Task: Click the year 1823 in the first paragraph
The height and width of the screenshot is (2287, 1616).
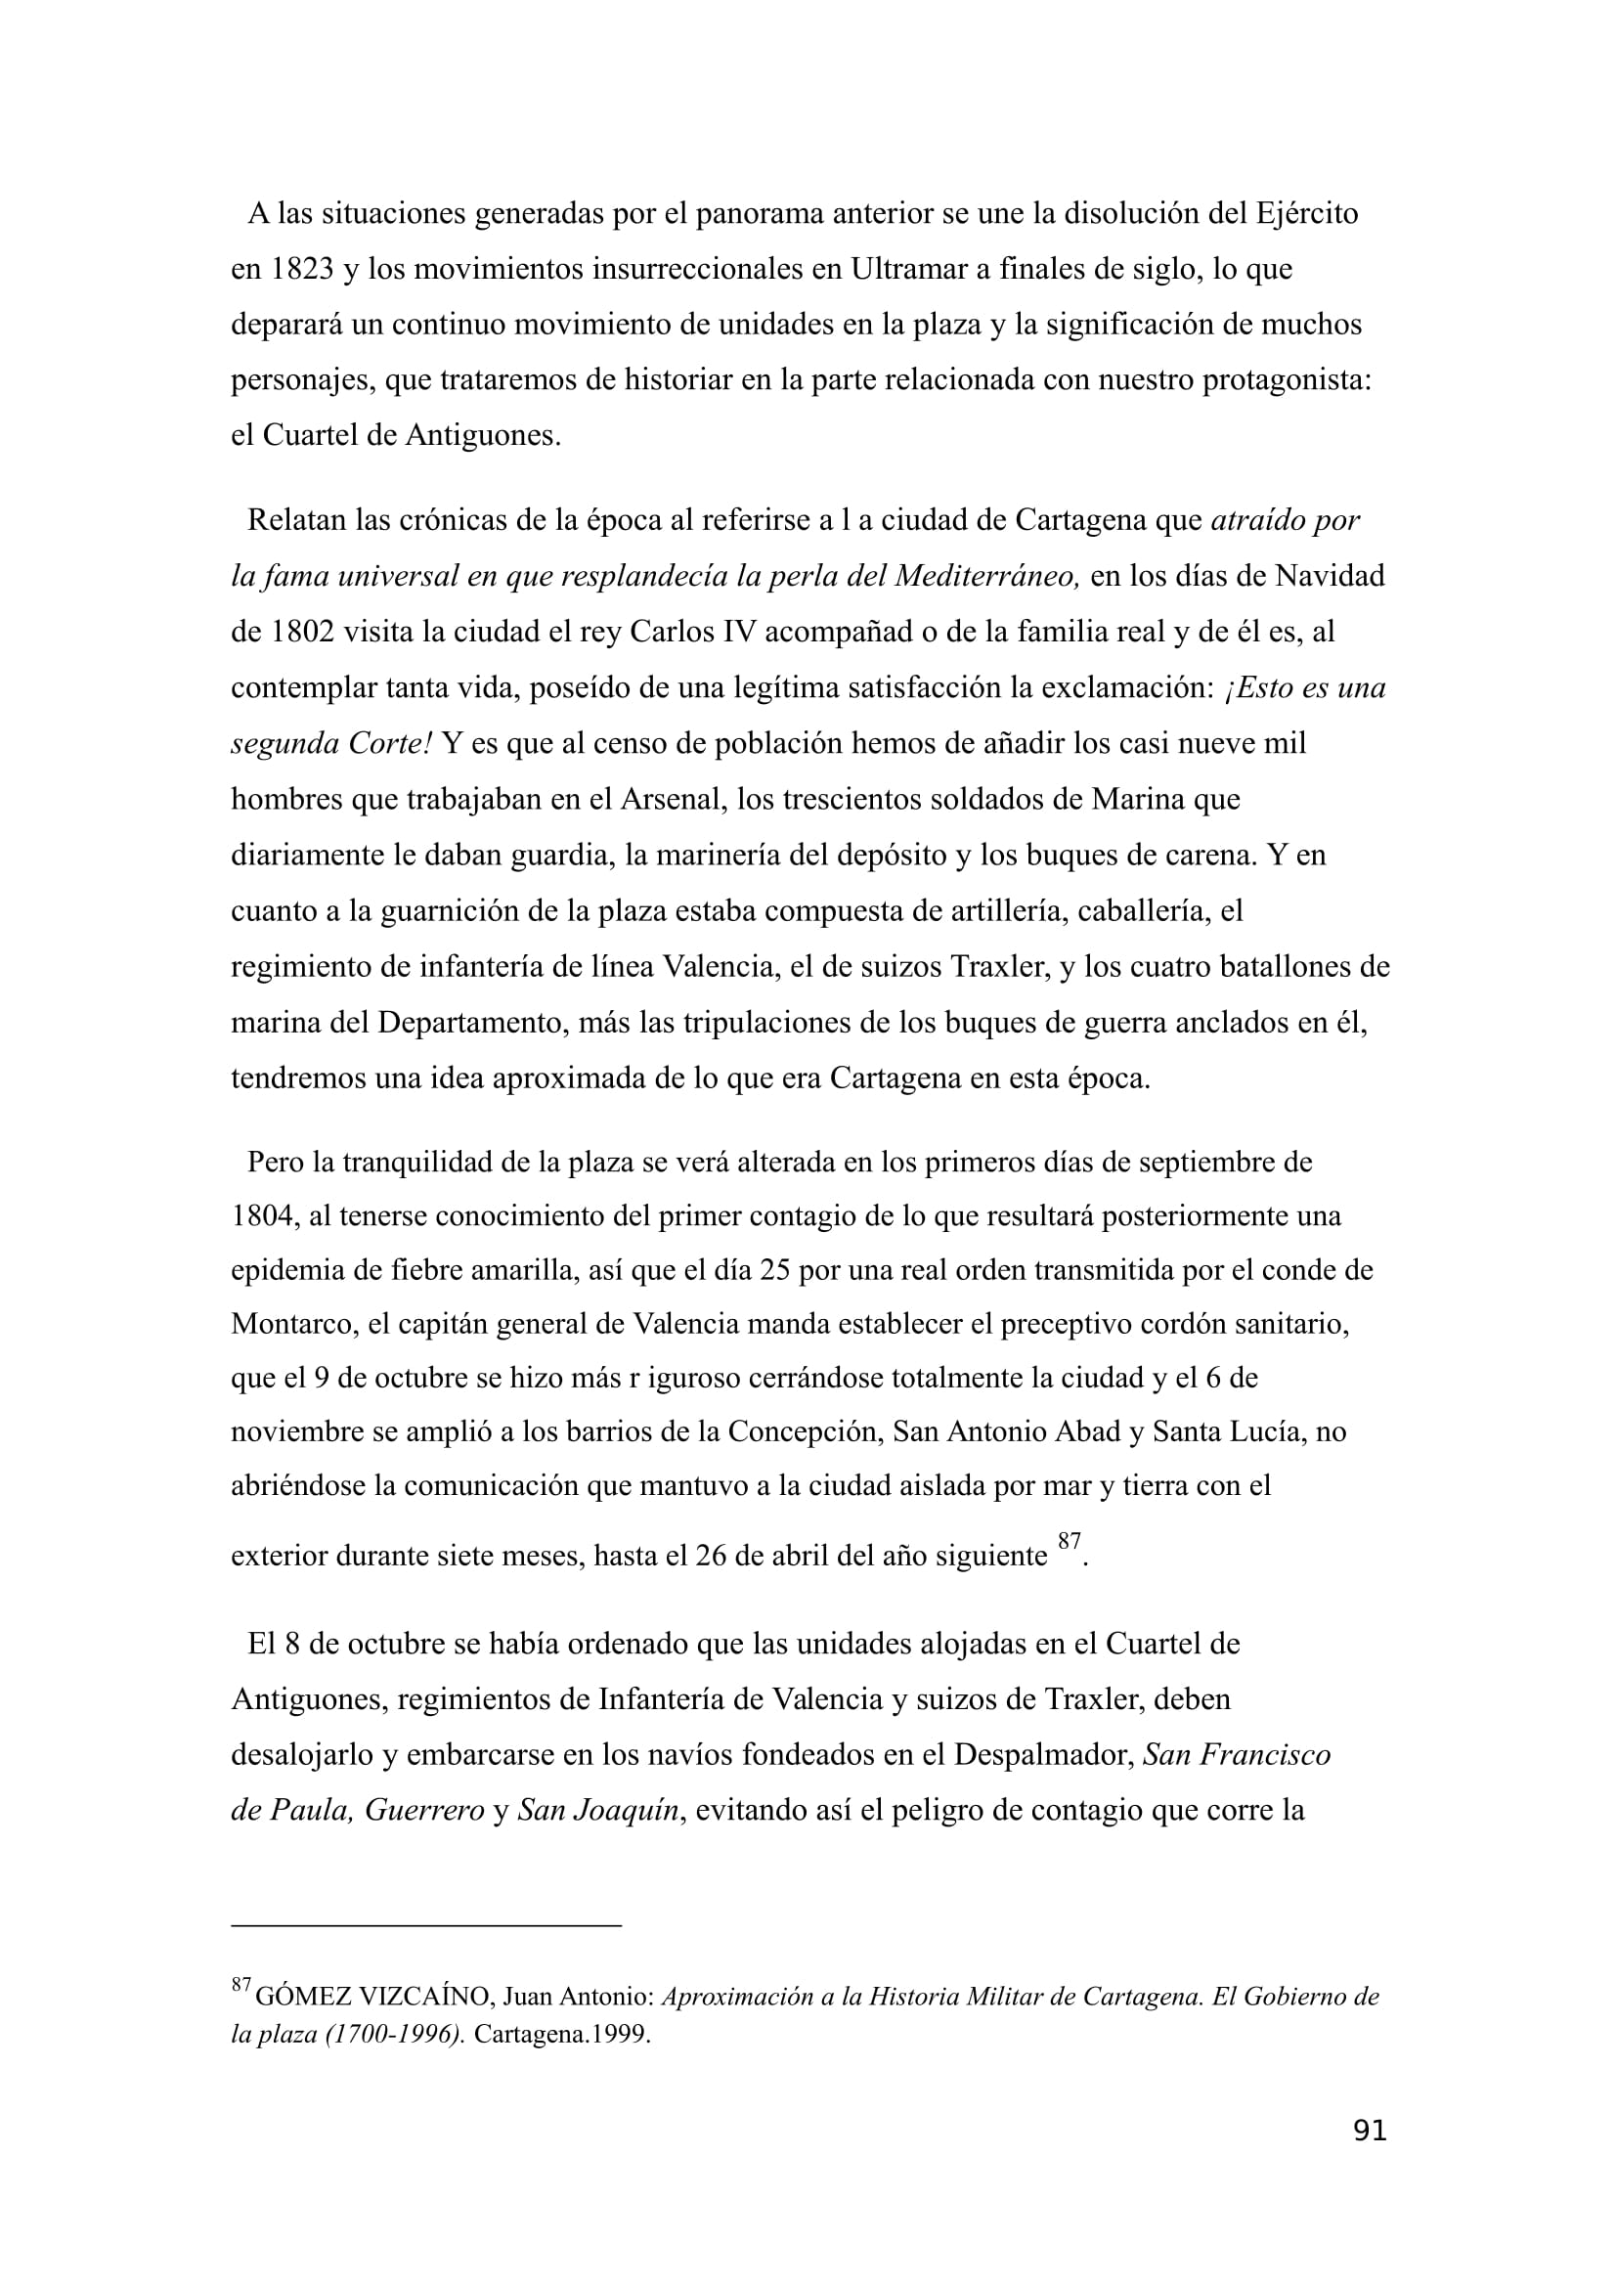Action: [x=303, y=269]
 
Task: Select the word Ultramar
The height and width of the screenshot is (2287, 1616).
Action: [x=906, y=269]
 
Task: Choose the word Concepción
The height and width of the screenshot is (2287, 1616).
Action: [x=805, y=1431]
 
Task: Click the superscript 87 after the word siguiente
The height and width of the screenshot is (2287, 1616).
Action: [x=1070, y=1541]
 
